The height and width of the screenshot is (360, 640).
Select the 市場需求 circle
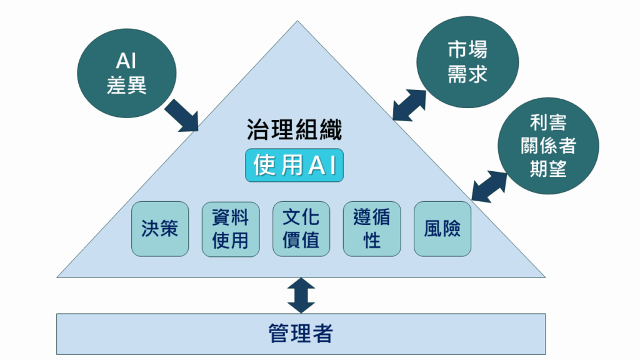point(467,63)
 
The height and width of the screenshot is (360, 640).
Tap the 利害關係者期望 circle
point(548,146)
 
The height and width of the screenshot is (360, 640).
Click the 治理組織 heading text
point(294,131)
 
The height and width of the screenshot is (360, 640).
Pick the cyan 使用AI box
point(294,166)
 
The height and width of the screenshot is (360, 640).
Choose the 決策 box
point(160,229)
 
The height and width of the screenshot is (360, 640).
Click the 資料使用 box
point(231,229)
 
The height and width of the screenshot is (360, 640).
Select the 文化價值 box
point(301,229)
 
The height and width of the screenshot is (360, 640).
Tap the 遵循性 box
point(372,229)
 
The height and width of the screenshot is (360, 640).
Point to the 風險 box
point(442,229)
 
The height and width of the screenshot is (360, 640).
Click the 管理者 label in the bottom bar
point(301,332)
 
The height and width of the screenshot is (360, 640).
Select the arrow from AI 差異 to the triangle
point(182,115)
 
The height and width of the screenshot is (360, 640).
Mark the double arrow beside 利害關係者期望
point(489,186)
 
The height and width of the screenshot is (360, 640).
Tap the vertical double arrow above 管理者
point(301,295)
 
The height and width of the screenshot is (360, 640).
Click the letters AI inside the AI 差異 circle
point(126,61)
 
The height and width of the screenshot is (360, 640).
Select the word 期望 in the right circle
point(548,168)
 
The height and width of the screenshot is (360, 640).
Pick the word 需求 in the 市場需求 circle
point(467,74)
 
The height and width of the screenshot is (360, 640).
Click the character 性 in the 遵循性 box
point(372,240)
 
